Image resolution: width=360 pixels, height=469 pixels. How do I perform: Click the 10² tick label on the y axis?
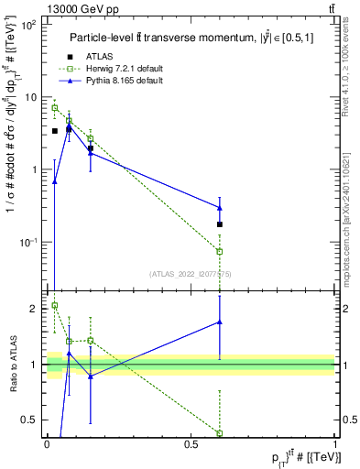coord(27,25)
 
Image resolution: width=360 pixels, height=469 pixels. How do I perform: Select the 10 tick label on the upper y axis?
coord(29,97)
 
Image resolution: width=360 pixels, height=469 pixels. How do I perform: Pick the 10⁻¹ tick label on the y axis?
coord(26,242)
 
